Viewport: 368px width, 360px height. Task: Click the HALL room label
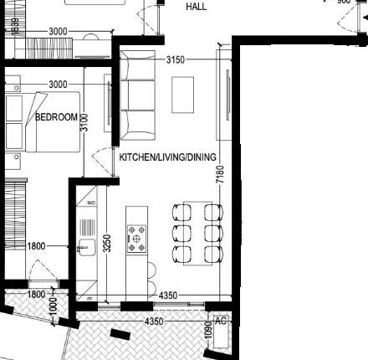pyautogui.click(x=197, y=6)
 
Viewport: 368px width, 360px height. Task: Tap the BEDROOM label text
pyautogui.click(x=56, y=117)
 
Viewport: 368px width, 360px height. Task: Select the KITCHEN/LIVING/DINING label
pyautogui.click(x=168, y=157)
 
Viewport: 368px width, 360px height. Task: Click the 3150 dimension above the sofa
pyautogui.click(x=176, y=60)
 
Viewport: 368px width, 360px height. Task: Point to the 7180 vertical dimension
pyautogui.click(x=220, y=175)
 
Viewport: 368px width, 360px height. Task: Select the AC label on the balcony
pyautogui.click(x=222, y=321)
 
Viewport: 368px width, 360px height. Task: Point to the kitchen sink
pyautogui.click(x=85, y=247)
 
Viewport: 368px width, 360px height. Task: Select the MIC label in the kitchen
pyautogui.click(x=89, y=203)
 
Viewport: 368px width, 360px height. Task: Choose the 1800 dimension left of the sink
pyautogui.click(x=36, y=246)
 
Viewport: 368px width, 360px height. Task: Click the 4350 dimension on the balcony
pyautogui.click(x=154, y=321)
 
